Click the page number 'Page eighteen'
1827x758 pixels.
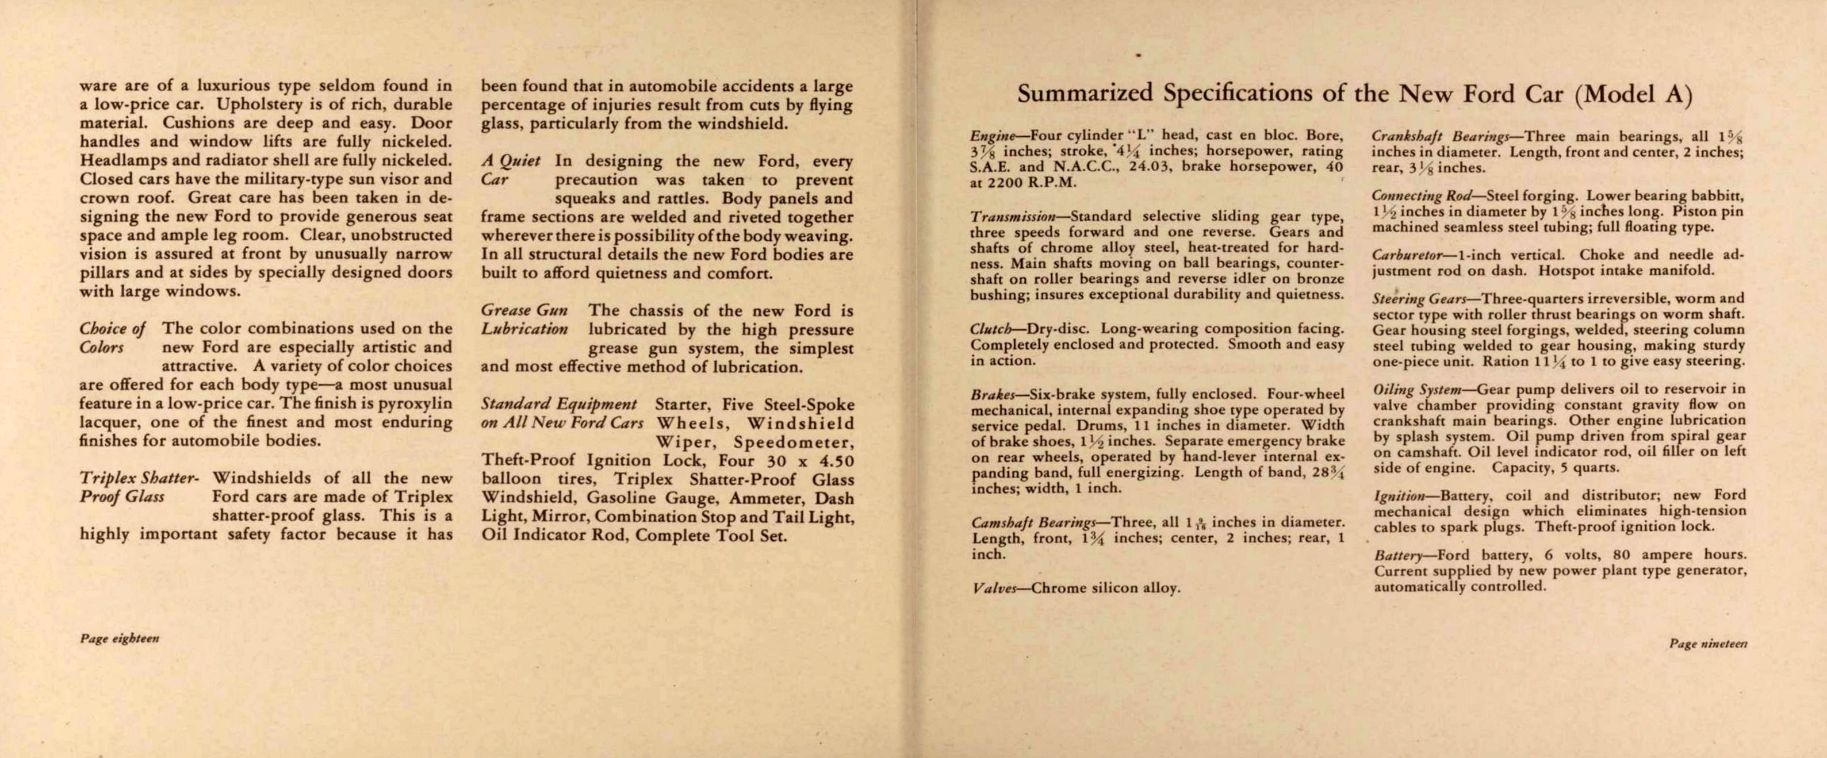(119, 638)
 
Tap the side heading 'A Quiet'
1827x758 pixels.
(511, 161)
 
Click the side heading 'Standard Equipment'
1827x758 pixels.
(559, 404)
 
